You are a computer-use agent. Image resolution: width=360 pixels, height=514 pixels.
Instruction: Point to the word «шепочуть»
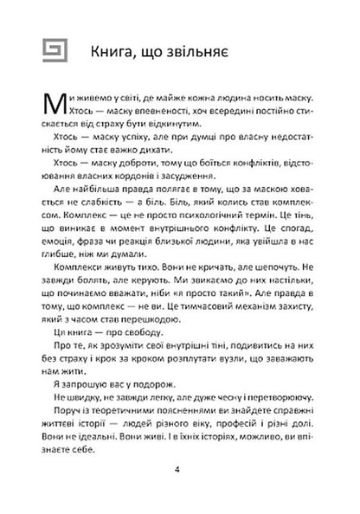[266, 282]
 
